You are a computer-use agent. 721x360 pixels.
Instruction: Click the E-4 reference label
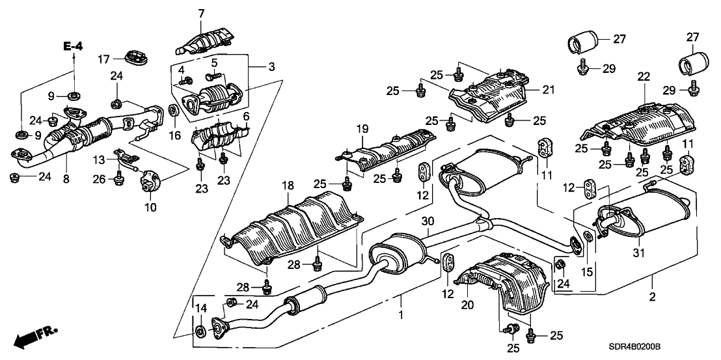tap(73, 46)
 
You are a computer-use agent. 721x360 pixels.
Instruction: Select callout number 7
tap(201, 13)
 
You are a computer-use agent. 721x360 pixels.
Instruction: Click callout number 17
tap(104, 59)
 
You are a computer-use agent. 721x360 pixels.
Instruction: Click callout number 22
tap(644, 77)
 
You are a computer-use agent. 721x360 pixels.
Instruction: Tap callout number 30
tap(426, 221)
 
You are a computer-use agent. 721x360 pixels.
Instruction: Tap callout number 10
tap(150, 208)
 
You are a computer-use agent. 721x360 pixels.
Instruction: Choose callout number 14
tap(200, 308)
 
